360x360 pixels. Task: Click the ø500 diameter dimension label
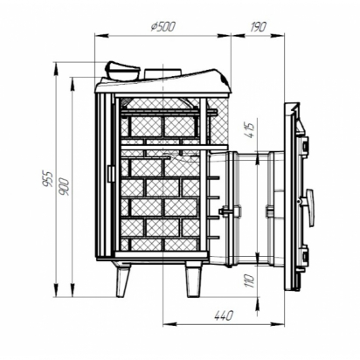(163, 26)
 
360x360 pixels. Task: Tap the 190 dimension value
(258, 27)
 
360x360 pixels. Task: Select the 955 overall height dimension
(48, 179)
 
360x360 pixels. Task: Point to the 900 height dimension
(65, 186)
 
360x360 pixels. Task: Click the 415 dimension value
(251, 130)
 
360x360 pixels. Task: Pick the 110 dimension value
(251, 280)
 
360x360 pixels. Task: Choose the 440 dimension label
(224, 315)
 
